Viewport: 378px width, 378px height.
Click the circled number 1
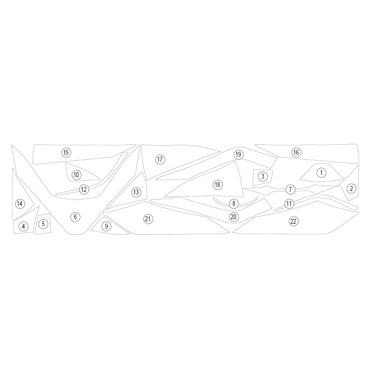pyautogui.click(x=321, y=173)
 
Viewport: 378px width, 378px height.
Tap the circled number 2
pyautogui.click(x=351, y=189)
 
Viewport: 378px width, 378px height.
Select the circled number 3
pyautogui.click(x=263, y=176)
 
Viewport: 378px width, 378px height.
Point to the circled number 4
pyautogui.click(x=23, y=226)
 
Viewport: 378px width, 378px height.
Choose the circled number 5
pyautogui.click(x=43, y=224)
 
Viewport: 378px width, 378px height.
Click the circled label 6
pyautogui.click(x=75, y=217)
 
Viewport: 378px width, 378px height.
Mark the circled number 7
pyautogui.click(x=290, y=189)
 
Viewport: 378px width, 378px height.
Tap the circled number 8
pyautogui.click(x=234, y=203)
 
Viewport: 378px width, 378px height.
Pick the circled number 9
pyautogui.click(x=106, y=226)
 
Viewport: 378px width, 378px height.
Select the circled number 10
pyautogui.click(x=76, y=175)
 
